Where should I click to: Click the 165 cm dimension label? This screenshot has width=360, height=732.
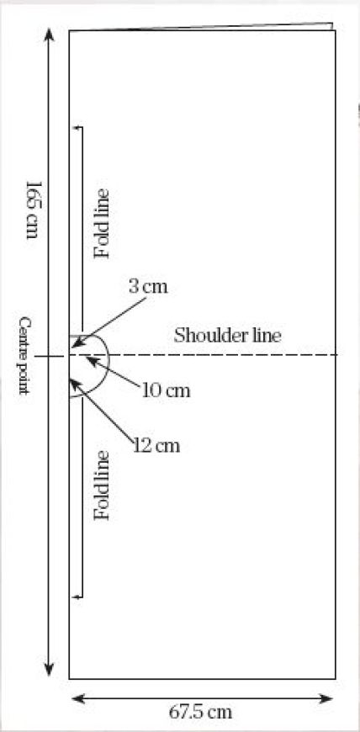32,210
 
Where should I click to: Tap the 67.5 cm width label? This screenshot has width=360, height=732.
200,713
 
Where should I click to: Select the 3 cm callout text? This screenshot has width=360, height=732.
148,287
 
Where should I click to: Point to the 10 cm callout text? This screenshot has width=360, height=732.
167,390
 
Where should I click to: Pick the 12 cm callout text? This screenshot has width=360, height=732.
156,446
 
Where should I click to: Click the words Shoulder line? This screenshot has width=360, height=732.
227,336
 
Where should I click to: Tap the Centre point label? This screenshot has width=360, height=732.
24,356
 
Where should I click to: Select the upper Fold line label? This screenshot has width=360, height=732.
101,223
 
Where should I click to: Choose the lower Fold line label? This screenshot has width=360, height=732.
101,485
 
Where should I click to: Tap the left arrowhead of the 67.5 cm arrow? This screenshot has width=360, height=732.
77,698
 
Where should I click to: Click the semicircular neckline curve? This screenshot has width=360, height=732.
109,359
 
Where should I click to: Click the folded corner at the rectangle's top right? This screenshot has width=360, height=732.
332,26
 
